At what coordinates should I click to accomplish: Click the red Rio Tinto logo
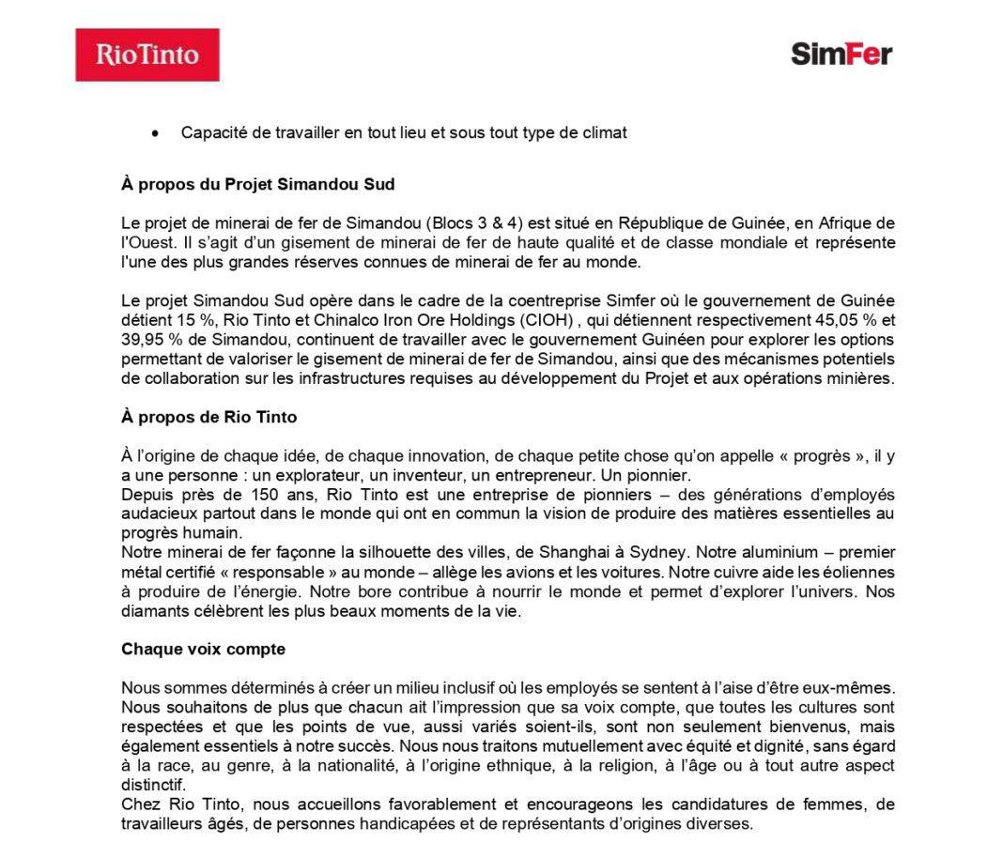coord(147,54)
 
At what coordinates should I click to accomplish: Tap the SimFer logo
coord(841,54)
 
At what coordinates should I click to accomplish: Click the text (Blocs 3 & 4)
coord(474,223)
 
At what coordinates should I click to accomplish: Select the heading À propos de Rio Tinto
coord(208,417)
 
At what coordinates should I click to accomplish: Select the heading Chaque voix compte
coord(203,650)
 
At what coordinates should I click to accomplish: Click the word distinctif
coord(153,785)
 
